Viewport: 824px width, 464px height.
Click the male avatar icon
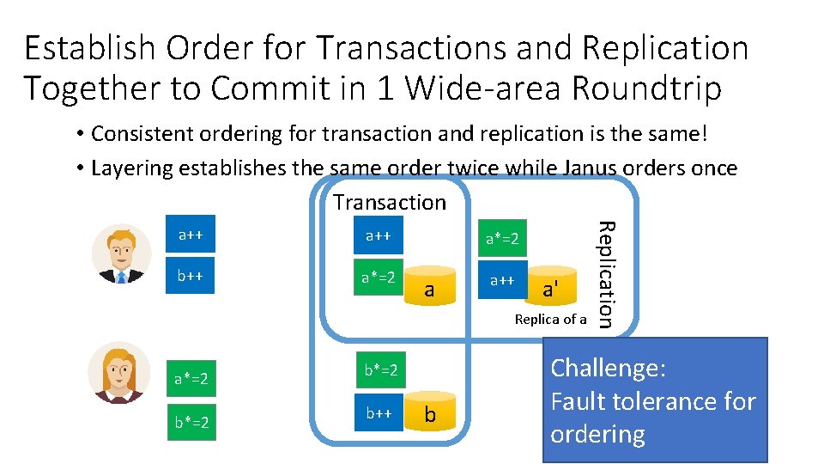(121, 253)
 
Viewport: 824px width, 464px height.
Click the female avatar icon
(119, 372)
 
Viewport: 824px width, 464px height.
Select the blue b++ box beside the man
(191, 277)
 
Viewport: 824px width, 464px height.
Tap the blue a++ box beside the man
(191, 234)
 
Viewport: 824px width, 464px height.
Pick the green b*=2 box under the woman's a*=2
(191, 422)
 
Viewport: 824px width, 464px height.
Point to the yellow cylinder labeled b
(430, 414)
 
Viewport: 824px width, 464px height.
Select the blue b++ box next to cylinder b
(379, 413)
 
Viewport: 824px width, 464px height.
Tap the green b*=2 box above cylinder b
(379, 370)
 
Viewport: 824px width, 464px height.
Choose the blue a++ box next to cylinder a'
(501, 280)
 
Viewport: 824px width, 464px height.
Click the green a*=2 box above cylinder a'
(501, 238)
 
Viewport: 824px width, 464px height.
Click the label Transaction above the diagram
(390, 203)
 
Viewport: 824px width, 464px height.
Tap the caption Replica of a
(550, 320)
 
